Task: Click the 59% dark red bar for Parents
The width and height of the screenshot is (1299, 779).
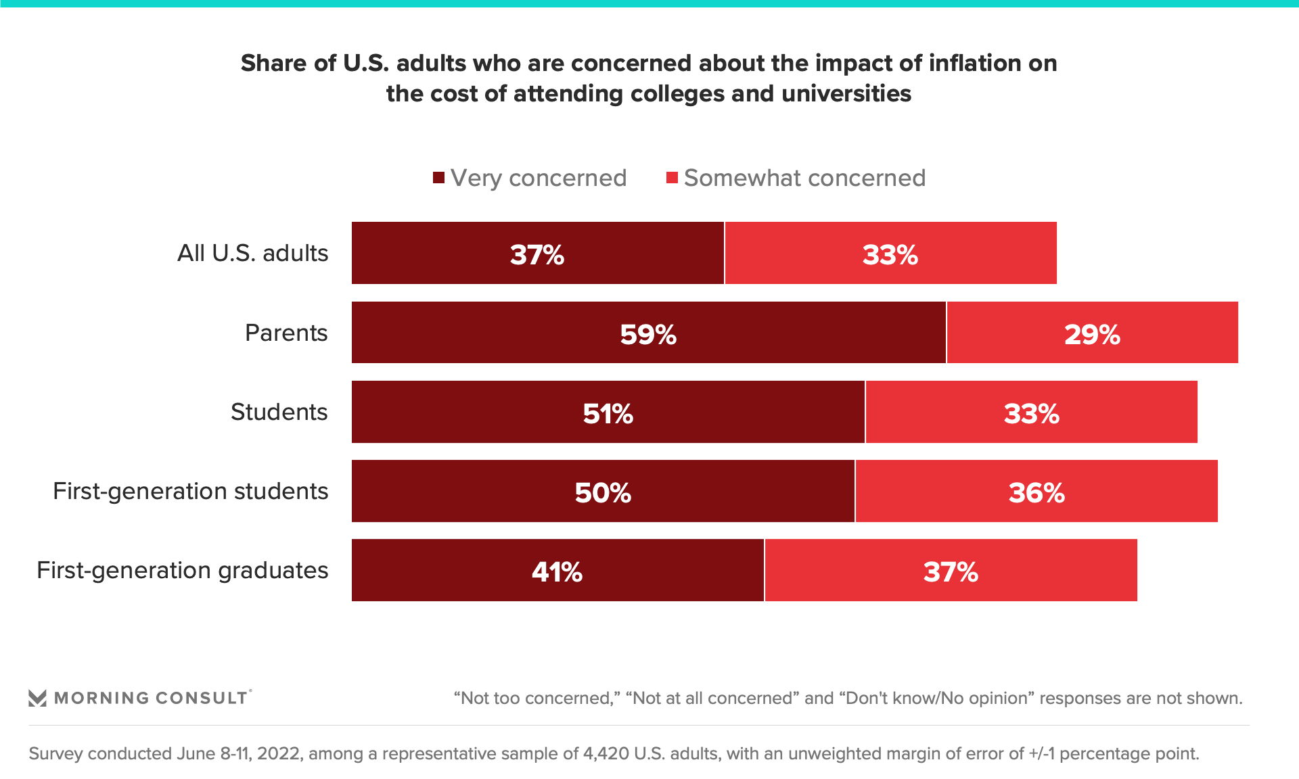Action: point(648,333)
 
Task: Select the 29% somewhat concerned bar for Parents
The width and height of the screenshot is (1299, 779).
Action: point(1092,333)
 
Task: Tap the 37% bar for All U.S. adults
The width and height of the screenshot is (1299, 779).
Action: point(537,253)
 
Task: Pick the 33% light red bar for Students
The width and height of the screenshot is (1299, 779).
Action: point(1031,412)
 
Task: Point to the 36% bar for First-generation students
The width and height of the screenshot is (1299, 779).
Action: point(1036,491)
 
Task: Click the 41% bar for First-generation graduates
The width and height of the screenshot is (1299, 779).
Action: point(557,570)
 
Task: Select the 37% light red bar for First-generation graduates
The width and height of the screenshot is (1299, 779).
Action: point(951,570)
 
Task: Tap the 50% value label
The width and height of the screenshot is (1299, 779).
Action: point(603,492)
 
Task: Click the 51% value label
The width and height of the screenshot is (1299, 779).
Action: point(608,413)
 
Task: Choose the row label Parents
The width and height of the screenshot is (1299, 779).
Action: point(286,333)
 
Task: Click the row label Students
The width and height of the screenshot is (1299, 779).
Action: point(279,412)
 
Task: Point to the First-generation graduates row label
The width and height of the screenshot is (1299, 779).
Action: point(182,570)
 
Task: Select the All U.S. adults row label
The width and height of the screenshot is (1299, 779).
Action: point(252,253)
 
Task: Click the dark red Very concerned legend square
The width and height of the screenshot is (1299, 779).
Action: point(438,178)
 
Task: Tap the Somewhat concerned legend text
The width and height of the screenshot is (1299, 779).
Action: point(804,178)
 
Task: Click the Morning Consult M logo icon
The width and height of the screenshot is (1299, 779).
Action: point(37,698)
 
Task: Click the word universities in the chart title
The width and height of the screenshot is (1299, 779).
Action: point(846,93)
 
